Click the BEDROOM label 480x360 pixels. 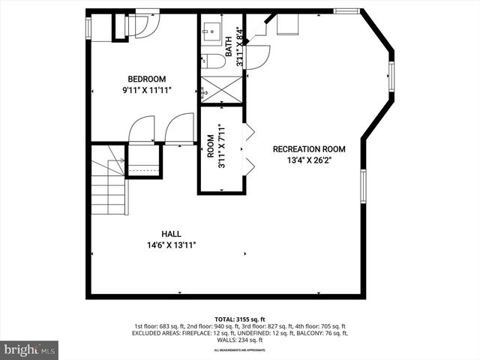pos(146,79)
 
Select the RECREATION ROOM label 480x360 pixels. pos(309,148)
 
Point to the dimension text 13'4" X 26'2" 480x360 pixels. pos(309,160)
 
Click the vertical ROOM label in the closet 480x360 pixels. pos(211,145)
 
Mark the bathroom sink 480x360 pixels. pos(211,31)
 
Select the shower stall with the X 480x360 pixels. pos(221,88)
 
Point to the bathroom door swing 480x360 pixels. pos(257,56)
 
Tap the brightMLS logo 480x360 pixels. pos(30,349)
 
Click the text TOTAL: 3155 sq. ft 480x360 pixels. pos(240,319)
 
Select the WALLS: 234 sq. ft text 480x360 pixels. pos(240,340)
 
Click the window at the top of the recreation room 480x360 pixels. pos(346,11)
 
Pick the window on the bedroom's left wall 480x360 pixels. pos(88,28)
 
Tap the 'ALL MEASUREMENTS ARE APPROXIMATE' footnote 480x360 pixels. pos(240,350)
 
